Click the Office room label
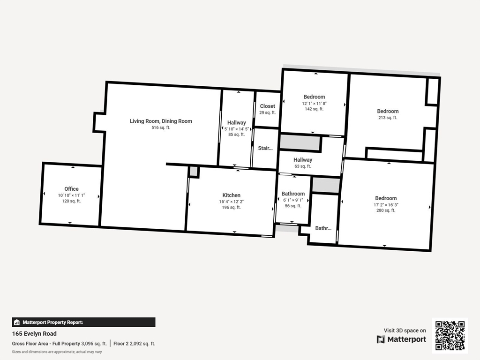tap(71, 189)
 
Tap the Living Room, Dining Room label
tap(161, 121)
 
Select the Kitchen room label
tap(231, 195)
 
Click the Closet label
tap(268, 106)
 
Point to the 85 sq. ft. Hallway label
tap(236, 122)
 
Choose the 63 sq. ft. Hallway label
tap(303, 160)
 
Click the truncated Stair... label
tap(265, 148)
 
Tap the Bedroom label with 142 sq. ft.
tap(314, 97)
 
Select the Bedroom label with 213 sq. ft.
tap(388, 111)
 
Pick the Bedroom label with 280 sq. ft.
tap(386, 198)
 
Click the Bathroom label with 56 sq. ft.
tap(293, 194)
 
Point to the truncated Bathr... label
tap(323, 228)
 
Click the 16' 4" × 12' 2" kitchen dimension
tap(231, 202)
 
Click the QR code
tap(450, 335)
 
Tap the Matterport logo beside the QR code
tap(401, 339)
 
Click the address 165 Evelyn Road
tap(34, 334)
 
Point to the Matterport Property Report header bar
tap(83, 322)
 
